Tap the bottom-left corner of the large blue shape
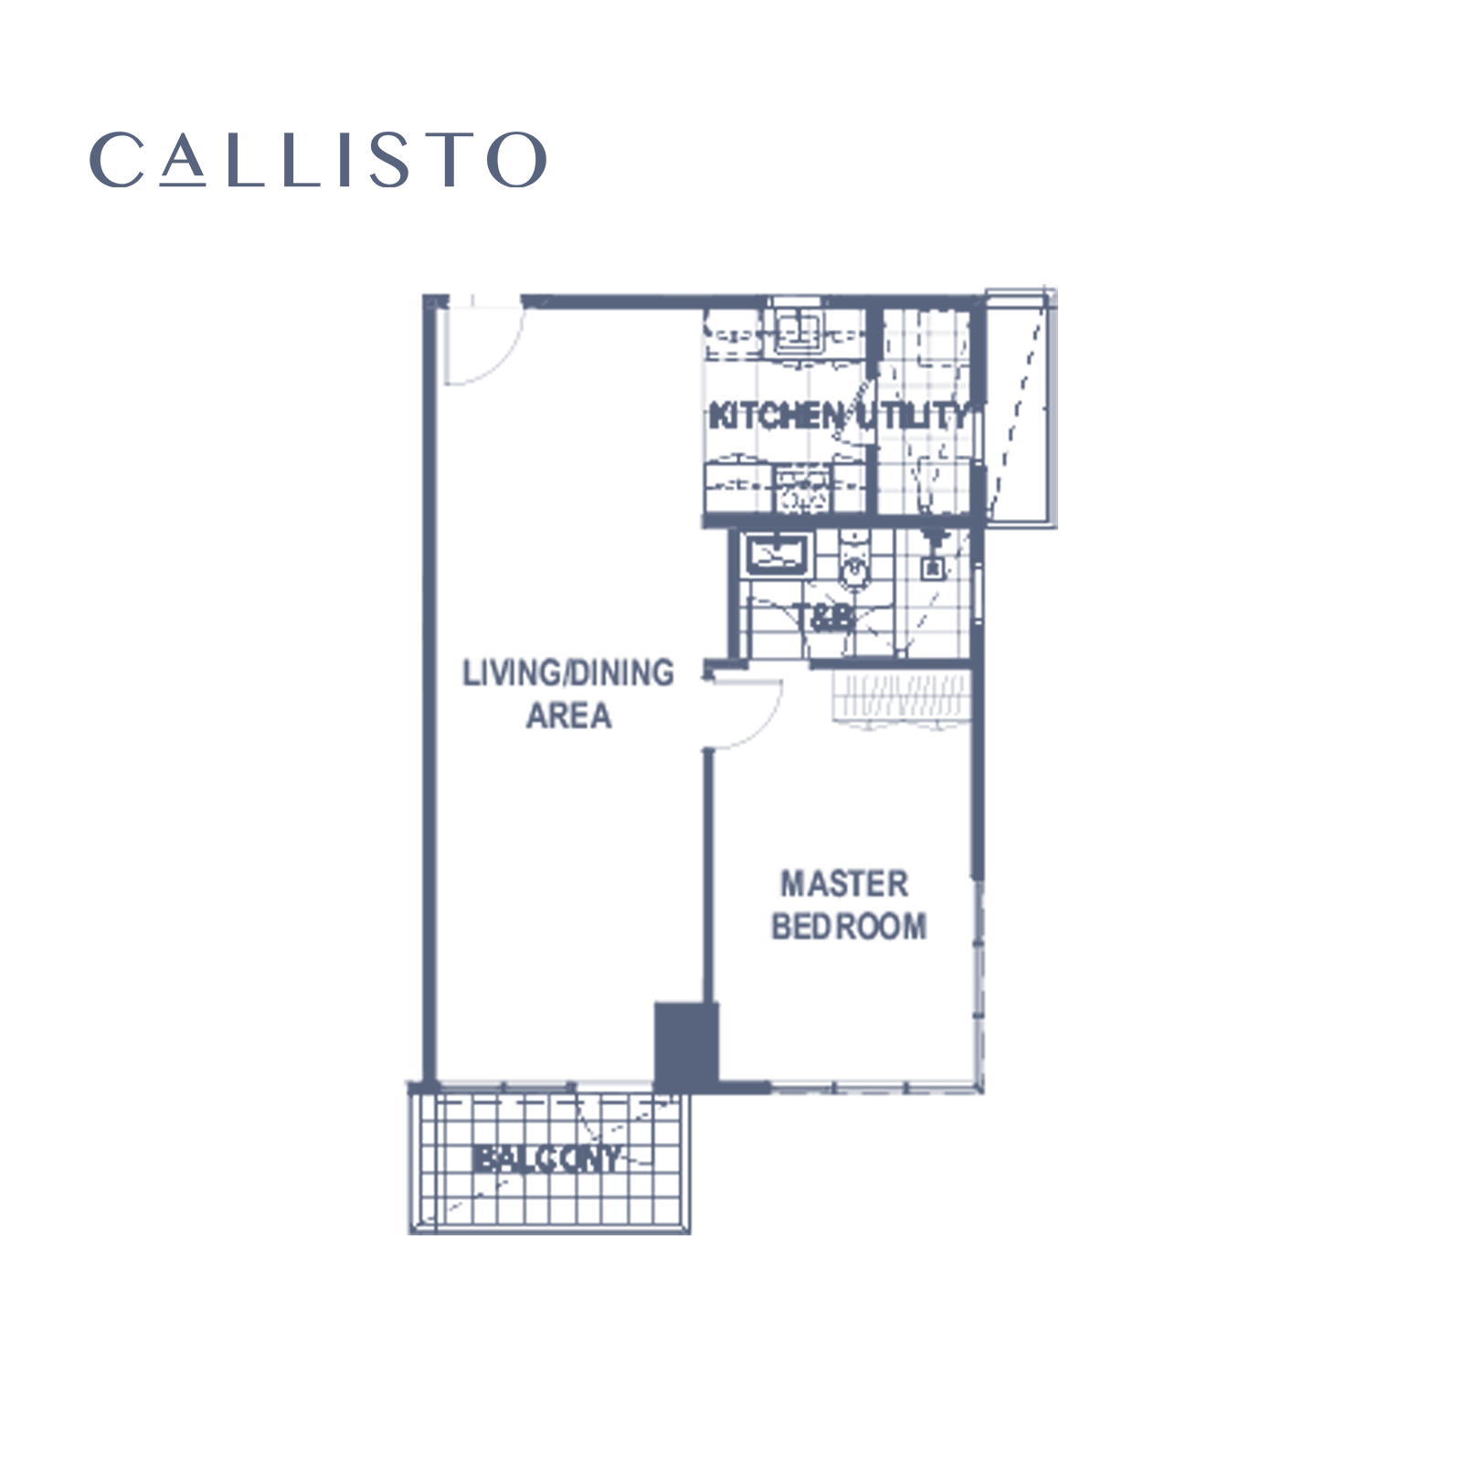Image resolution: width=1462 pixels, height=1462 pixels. (405, 1234)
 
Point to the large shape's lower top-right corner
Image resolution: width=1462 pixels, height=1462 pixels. (1056, 286)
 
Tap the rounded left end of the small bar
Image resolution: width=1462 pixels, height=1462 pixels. (91, 160)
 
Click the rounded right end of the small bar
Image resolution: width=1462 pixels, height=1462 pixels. (545, 160)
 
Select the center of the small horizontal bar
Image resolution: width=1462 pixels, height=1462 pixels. (318, 160)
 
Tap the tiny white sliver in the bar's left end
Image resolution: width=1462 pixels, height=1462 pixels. (98, 161)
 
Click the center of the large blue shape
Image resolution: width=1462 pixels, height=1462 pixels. (731, 742)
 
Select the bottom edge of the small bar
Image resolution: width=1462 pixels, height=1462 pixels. (318, 186)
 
